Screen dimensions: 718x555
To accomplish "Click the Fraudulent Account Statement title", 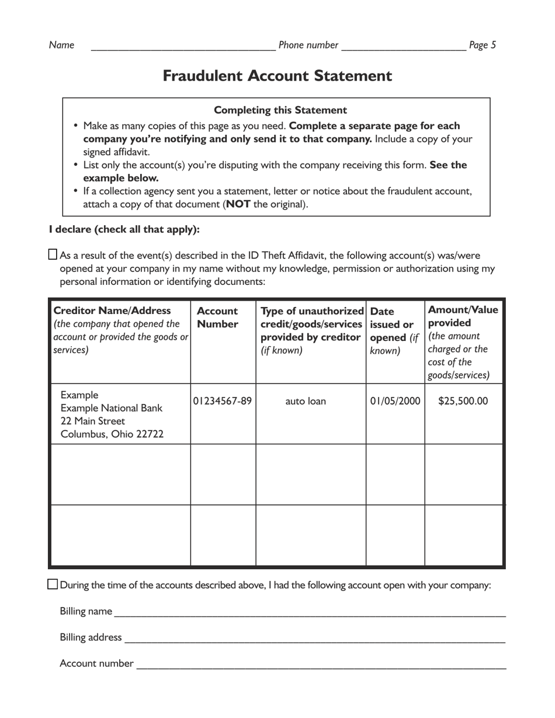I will click(x=277, y=76).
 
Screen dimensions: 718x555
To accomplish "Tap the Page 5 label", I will click(x=482, y=45).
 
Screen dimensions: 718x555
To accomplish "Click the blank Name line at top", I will click(x=183, y=47).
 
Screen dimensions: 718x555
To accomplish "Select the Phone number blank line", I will click(x=403, y=47).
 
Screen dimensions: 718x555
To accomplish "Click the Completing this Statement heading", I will click(x=280, y=110).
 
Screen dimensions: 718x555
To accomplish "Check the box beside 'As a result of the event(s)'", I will click(x=53, y=255).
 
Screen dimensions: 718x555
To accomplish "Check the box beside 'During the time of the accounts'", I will click(x=53, y=584).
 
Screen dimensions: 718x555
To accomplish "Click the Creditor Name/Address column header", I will click(x=112, y=311).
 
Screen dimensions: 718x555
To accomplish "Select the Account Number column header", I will click(x=217, y=318).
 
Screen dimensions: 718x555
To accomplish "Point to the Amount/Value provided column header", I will click(x=463, y=316).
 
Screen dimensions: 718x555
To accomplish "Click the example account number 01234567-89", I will click(x=223, y=401).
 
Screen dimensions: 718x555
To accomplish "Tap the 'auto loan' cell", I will click(x=306, y=401).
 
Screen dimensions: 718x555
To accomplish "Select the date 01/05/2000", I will click(x=395, y=401).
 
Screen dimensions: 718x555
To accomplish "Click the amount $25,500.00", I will click(x=463, y=401).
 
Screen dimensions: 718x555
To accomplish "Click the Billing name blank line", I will click(x=310, y=613).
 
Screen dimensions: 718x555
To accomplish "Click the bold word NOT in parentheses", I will click(x=238, y=204).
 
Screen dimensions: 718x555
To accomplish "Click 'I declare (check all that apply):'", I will click(x=124, y=229).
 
